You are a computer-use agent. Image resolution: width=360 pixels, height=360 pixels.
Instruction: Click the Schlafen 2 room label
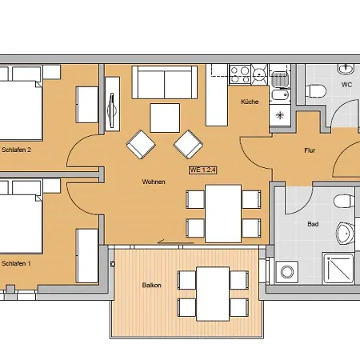tap(16, 150)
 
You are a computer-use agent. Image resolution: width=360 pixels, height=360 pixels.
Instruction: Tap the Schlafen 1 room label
tap(16, 262)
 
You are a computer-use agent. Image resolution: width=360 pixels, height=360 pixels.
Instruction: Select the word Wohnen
tap(154, 182)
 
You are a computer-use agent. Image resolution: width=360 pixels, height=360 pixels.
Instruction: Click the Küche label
tap(249, 102)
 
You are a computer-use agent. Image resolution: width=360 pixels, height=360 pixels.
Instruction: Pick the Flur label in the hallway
tap(311, 150)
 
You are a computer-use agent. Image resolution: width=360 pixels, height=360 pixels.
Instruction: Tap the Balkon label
tap(153, 285)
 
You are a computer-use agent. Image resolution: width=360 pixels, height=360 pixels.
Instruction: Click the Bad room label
tap(312, 224)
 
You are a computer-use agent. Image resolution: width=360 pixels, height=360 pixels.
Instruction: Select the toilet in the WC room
tap(318, 90)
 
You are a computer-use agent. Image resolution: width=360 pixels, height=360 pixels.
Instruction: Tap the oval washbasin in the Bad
tap(344, 234)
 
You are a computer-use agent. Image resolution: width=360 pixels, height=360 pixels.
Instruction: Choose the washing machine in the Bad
tap(286, 271)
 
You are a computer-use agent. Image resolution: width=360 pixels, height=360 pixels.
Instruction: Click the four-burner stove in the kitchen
tap(241, 75)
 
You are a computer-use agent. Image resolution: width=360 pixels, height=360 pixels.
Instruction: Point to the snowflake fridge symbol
tap(280, 114)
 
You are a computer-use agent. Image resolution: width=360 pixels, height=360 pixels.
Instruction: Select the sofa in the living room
tap(164, 82)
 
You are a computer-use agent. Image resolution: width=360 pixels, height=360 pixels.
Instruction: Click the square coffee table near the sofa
tap(165, 118)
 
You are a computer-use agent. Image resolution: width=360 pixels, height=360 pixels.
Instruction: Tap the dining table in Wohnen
tap(223, 212)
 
